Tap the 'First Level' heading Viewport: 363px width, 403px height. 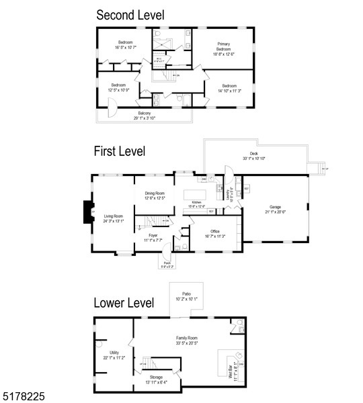coord(120,152)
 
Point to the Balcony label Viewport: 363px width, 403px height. coord(145,116)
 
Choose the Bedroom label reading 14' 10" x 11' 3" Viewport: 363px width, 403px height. coord(229,89)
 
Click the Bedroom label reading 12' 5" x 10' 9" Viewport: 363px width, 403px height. coord(118,87)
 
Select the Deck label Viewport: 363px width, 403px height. coord(249,156)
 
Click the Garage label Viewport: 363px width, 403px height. coord(275,209)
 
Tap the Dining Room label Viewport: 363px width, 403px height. coord(155,195)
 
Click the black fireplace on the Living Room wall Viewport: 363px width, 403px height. coord(86,213)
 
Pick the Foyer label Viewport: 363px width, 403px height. coord(153,237)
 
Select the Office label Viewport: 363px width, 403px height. coord(205,234)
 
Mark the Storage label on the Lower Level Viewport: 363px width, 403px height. coord(155,379)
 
